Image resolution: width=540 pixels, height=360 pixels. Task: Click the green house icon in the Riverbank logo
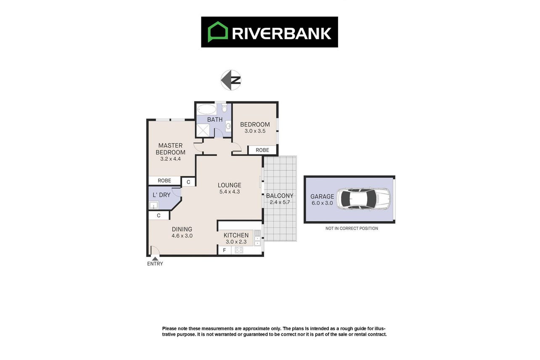click(218, 32)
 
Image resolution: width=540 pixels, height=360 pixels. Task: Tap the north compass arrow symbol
click(231, 80)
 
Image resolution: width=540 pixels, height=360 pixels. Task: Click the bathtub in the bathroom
click(206, 109)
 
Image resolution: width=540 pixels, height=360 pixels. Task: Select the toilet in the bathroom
click(224, 108)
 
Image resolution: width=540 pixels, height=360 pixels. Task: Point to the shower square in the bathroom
click(203, 130)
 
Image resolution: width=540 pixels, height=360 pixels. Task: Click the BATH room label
click(215, 119)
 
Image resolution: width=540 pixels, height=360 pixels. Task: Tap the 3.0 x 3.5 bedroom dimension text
click(255, 131)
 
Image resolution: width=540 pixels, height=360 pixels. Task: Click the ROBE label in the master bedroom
click(164, 180)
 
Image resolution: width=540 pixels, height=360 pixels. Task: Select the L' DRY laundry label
click(161, 195)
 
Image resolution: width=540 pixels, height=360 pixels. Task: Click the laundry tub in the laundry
click(154, 205)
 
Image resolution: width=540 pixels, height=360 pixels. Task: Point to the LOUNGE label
click(230, 185)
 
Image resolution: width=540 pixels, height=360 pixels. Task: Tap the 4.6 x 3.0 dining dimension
click(182, 236)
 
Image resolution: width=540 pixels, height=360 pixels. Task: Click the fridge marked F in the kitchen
click(225, 250)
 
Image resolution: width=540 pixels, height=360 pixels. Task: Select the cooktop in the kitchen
click(239, 250)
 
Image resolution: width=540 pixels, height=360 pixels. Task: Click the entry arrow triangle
click(155, 259)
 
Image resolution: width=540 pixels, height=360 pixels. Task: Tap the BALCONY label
click(280, 196)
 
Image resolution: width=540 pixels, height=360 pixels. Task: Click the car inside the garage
click(363, 199)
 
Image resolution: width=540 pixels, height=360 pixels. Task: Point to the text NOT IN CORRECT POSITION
click(352, 228)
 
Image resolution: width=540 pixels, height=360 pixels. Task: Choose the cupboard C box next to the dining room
click(159, 216)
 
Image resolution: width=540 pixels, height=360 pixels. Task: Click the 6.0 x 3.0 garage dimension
click(322, 203)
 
